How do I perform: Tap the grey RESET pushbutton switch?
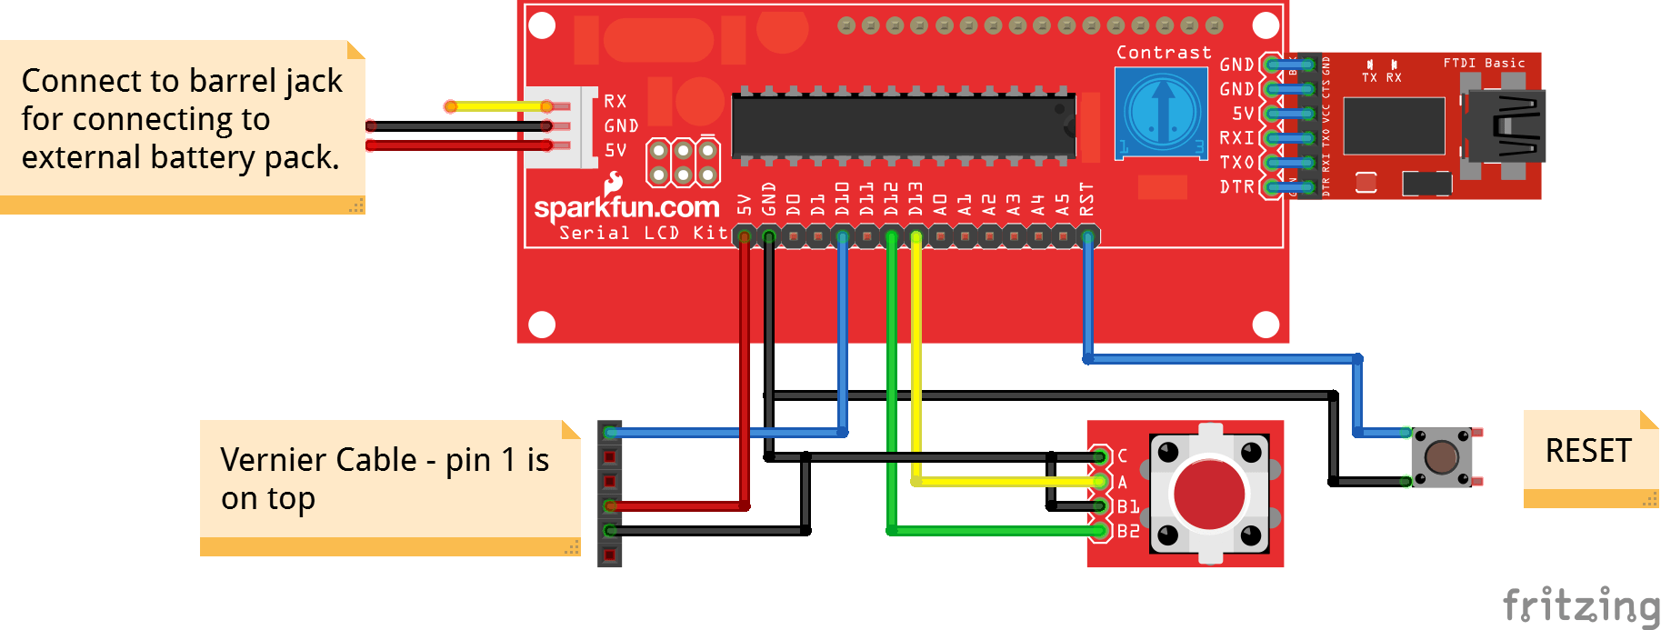pyautogui.click(x=1442, y=456)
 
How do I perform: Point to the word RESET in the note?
pyautogui.click(x=1588, y=451)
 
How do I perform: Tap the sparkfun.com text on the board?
pyautogui.click(x=626, y=207)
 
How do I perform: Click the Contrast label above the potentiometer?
pyautogui.click(x=1164, y=53)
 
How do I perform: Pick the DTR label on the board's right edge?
pyautogui.click(x=1236, y=187)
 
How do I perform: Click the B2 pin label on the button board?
pyautogui.click(x=1128, y=531)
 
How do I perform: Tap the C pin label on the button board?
pyautogui.click(x=1123, y=455)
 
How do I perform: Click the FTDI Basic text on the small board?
pyautogui.click(x=1484, y=63)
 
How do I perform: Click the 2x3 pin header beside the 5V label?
pyautogui.click(x=683, y=162)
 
